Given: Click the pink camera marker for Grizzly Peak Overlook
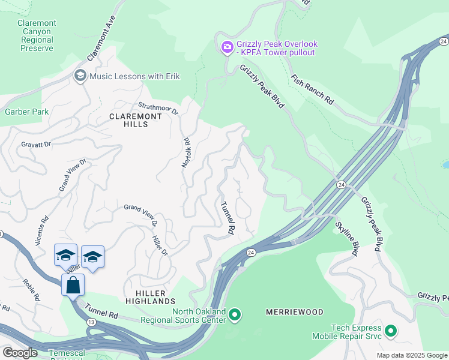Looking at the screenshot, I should point(227,47).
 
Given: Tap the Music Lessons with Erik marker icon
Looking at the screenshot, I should point(80,76).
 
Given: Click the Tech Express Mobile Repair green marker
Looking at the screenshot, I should point(391,331).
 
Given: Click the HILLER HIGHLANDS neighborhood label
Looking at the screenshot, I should point(150,301).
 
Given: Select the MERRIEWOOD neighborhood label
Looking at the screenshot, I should point(294,312).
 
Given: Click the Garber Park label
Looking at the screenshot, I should point(26,112).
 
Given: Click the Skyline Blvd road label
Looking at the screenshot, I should point(347,238).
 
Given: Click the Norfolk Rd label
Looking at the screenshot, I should point(186,153).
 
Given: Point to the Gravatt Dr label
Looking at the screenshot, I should point(37,145).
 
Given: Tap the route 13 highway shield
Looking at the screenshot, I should point(89,322).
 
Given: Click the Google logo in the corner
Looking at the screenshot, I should point(20,353).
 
